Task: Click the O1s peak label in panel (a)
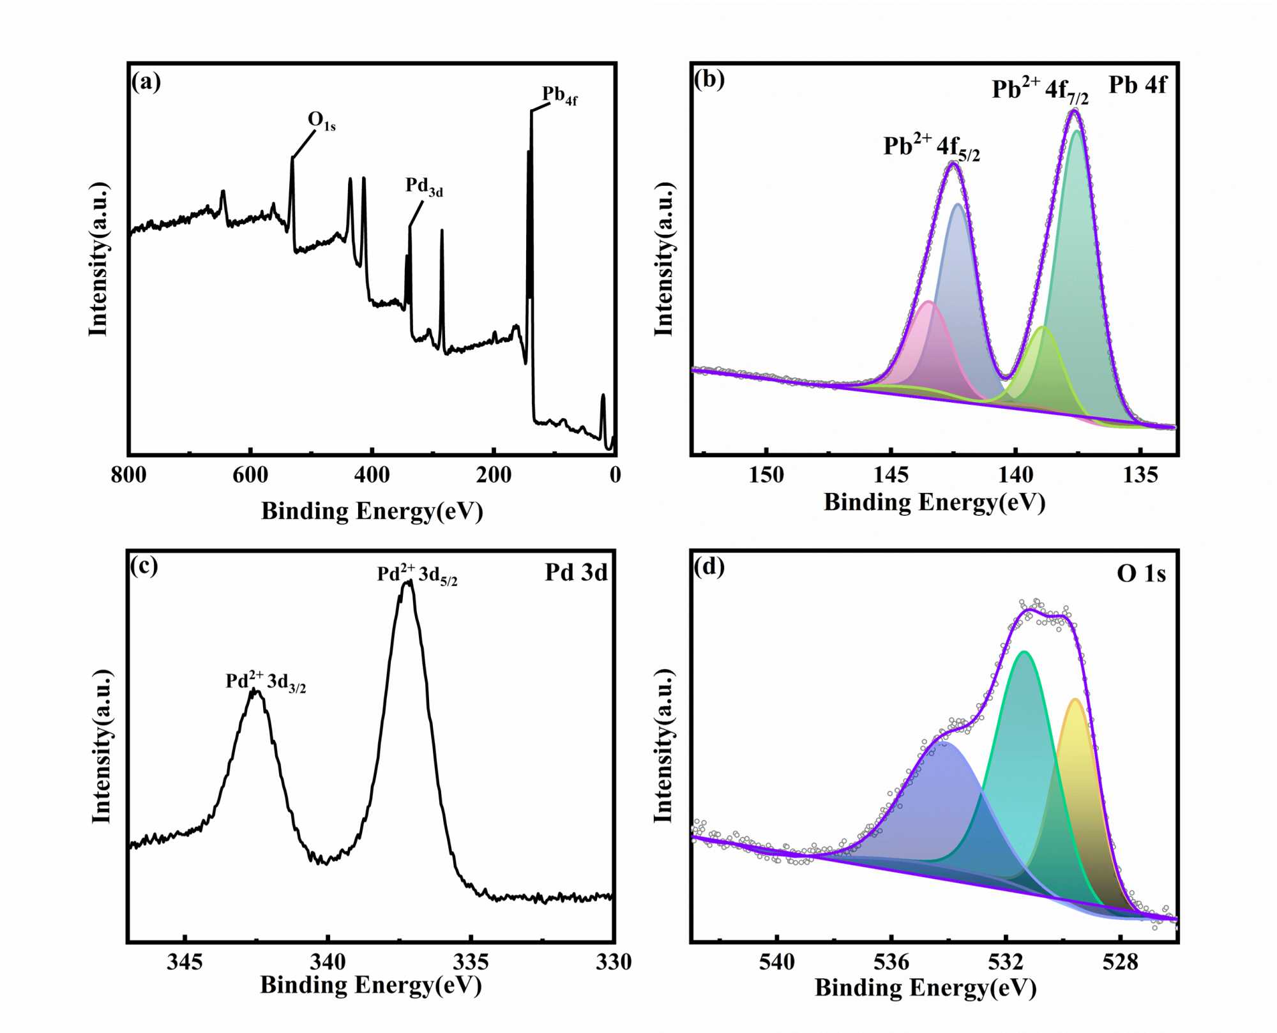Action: click(x=321, y=120)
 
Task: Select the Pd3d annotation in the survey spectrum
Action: click(x=424, y=186)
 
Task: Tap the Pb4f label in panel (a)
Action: click(x=559, y=95)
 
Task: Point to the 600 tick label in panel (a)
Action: click(x=250, y=475)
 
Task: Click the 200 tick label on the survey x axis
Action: click(x=494, y=475)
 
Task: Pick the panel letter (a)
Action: click(x=146, y=82)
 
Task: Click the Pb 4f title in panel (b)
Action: click(x=1137, y=85)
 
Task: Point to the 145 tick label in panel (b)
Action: click(x=891, y=475)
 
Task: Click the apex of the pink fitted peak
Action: click(x=929, y=301)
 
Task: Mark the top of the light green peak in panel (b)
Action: click(x=1043, y=327)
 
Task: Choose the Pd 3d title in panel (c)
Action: click(x=576, y=573)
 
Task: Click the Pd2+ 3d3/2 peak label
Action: click(x=266, y=682)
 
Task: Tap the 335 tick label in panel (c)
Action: click(x=471, y=962)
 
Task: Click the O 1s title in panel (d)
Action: click(x=1141, y=574)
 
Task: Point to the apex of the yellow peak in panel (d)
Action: click(x=1075, y=700)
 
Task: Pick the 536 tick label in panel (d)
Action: click(x=891, y=962)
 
